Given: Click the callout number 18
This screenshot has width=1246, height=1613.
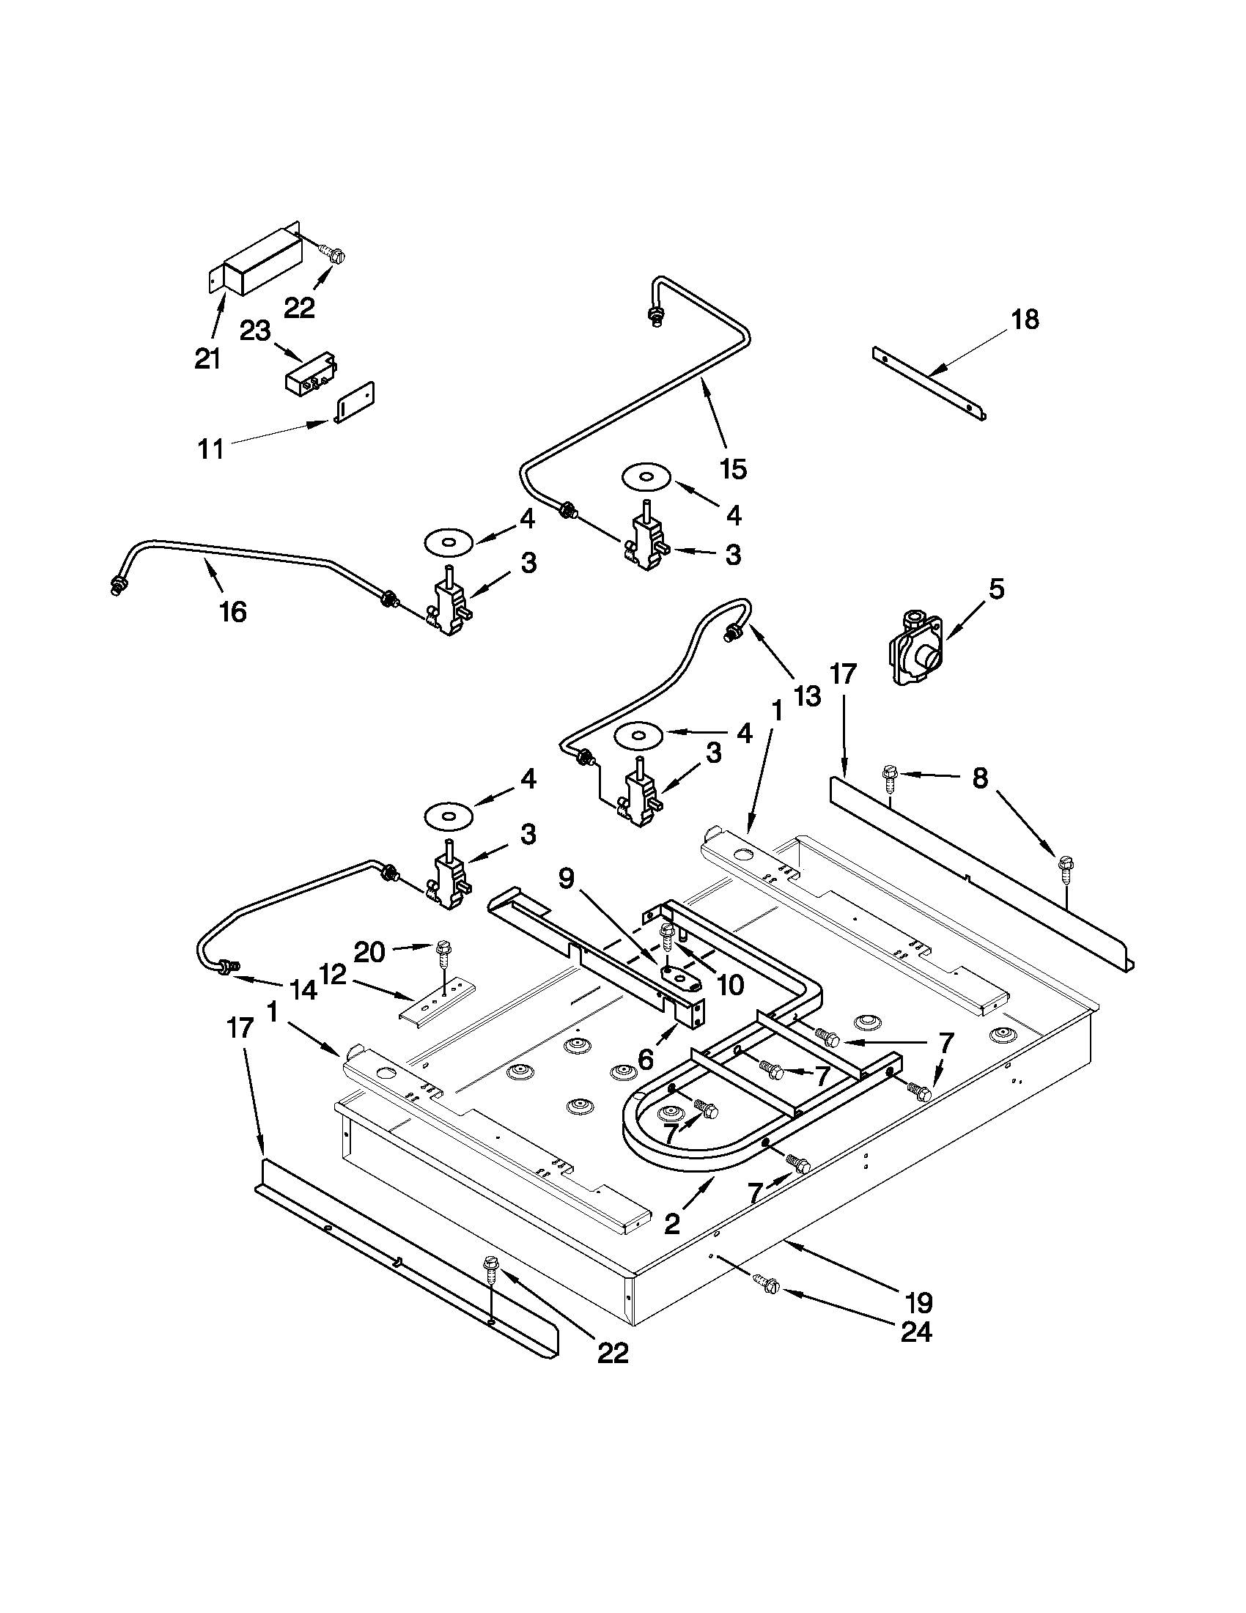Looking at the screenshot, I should click(1025, 319).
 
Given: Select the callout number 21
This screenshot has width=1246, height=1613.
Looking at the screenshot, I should click(207, 359).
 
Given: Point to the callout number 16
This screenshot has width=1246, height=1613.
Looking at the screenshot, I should click(233, 611).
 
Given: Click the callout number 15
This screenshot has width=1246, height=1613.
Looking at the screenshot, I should click(734, 468).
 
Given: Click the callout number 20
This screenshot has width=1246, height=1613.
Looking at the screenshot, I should click(369, 952).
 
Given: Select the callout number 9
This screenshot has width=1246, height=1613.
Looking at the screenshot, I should click(565, 879).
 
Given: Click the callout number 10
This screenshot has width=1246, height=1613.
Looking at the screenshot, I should click(731, 985).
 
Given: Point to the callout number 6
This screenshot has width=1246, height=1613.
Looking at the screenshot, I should click(645, 1059).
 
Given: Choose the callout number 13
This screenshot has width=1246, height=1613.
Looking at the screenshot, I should click(807, 695).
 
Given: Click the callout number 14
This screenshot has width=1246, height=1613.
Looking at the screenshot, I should click(303, 989).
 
